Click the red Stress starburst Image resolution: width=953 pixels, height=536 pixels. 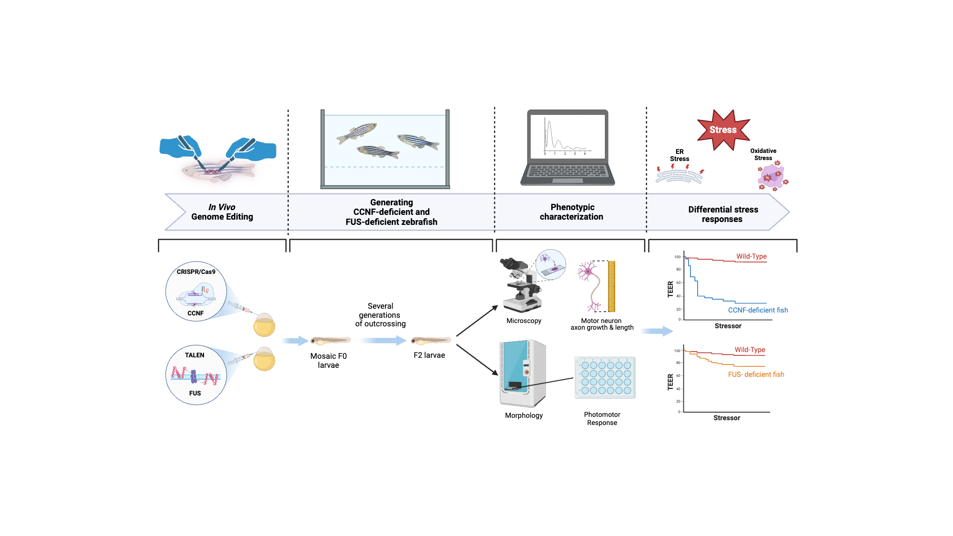[723, 130]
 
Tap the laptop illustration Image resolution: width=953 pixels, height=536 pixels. [568, 148]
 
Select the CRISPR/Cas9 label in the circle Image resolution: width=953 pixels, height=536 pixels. [196, 272]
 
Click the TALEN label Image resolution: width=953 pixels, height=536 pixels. [194, 355]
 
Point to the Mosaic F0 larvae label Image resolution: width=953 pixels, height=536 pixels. [328, 361]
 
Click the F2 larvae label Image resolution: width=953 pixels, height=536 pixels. [429, 355]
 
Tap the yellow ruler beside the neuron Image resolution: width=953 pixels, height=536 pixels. [611, 286]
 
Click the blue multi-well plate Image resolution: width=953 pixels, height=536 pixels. [605, 377]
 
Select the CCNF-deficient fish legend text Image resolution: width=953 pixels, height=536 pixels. [758, 310]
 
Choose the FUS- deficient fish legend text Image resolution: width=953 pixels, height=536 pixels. [756, 374]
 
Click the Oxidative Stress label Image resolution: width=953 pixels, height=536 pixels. [763, 154]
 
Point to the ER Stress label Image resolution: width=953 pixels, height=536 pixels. [679, 155]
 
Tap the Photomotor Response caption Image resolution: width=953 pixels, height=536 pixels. [602, 419]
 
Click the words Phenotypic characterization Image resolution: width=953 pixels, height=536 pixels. [571, 212]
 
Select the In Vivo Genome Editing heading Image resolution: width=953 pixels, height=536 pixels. [222, 212]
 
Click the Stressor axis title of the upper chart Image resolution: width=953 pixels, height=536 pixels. [728, 326]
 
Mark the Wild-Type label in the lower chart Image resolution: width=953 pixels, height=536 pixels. [750, 350]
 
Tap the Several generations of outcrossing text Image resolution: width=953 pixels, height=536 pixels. [380, 315]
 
